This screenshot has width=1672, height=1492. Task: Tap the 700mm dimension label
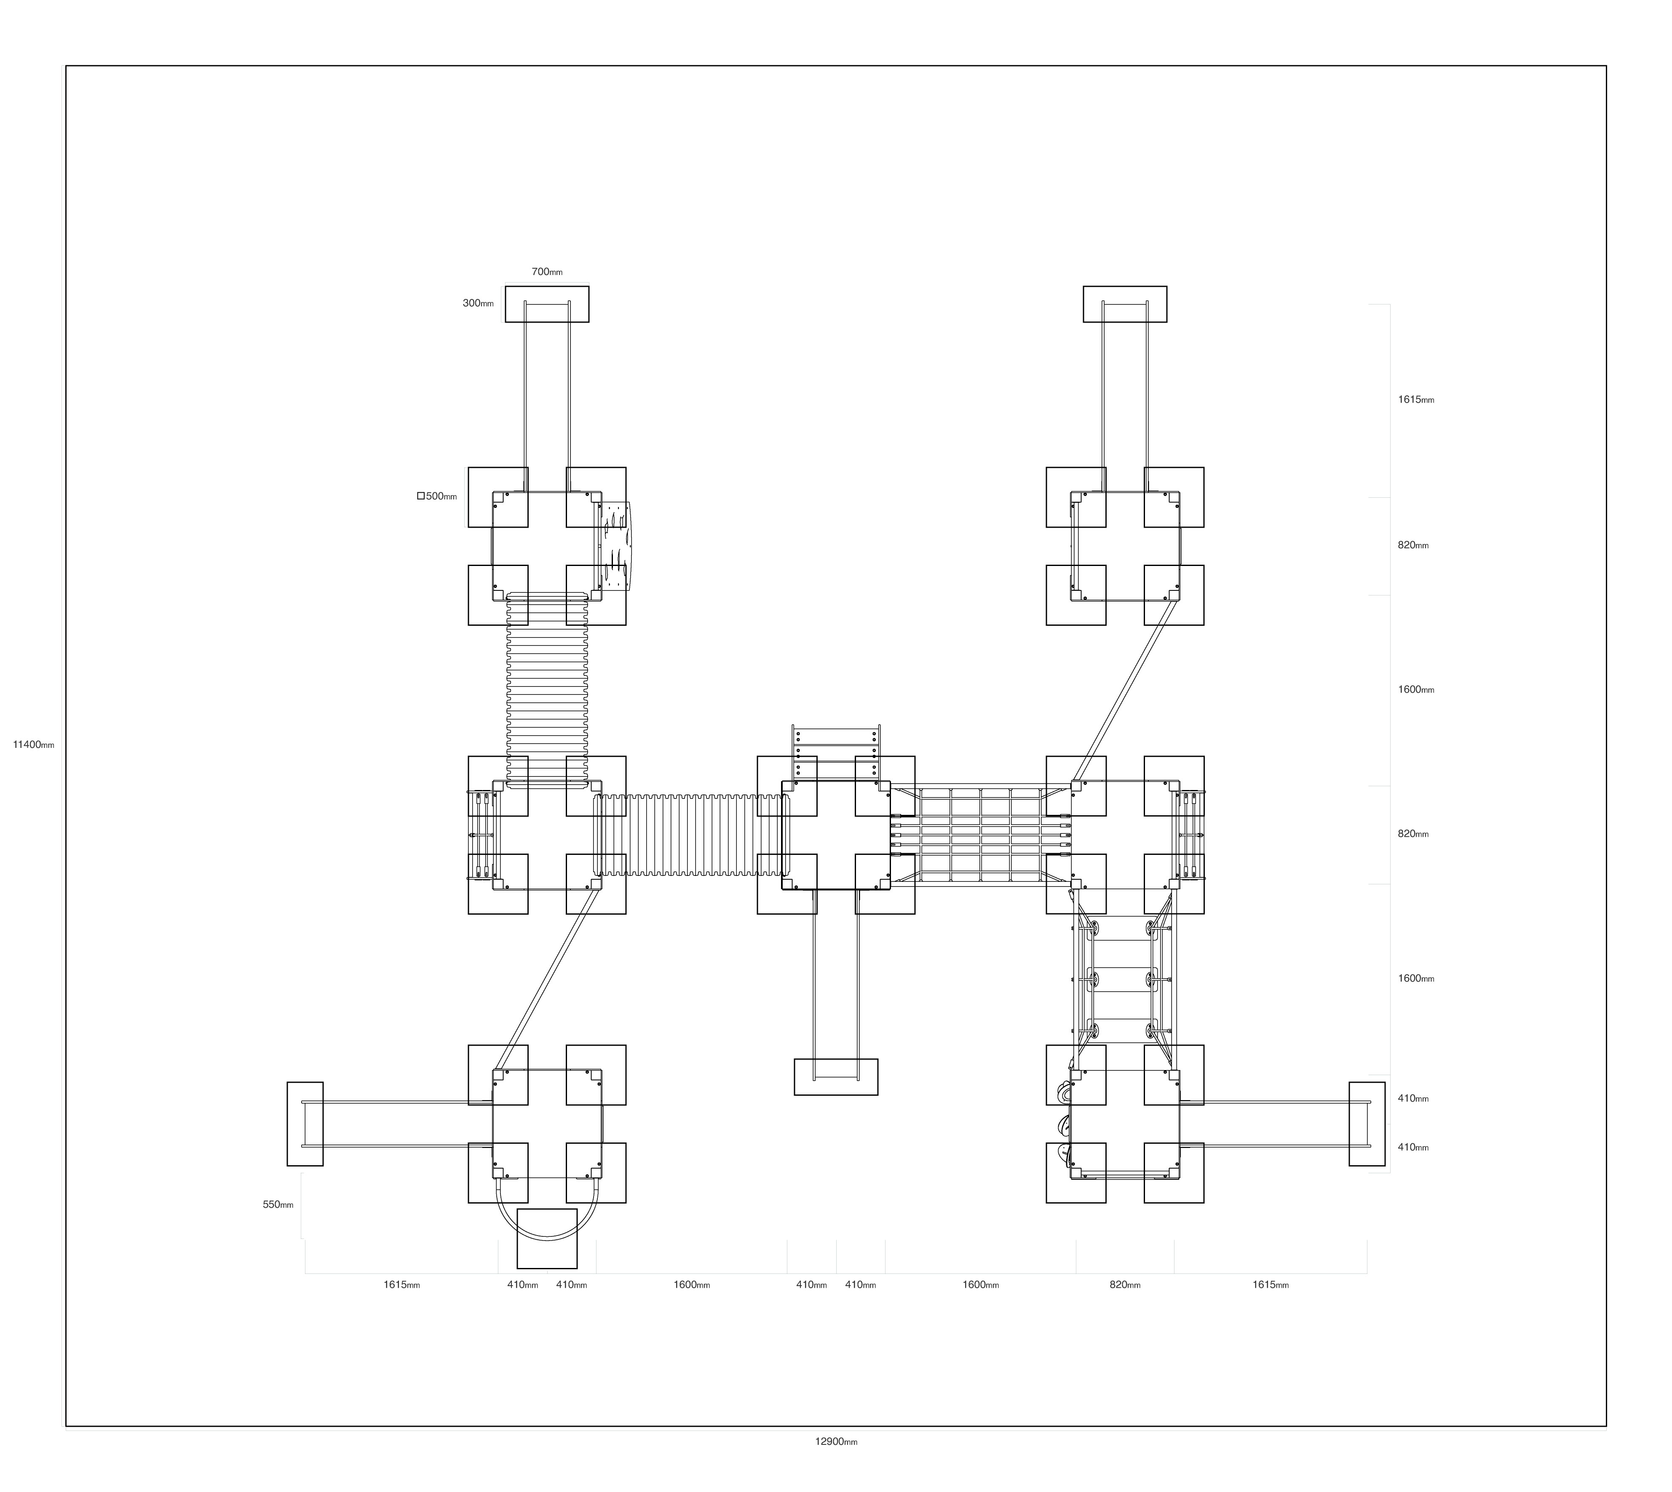tap(547, 271)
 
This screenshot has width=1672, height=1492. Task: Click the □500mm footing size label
tap(437, 496)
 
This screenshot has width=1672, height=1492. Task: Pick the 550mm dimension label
tap(278, 1204)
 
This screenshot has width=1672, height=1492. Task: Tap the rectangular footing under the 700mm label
tap(547, 304)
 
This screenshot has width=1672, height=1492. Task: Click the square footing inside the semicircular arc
tap(547, 1238)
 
